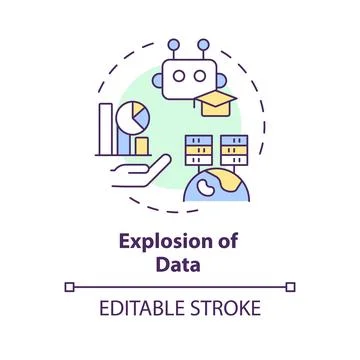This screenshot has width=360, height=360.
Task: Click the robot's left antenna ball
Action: click(174, 45)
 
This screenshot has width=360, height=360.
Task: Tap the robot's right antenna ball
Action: click(203, 45)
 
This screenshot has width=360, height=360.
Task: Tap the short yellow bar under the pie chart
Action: click(141, 147)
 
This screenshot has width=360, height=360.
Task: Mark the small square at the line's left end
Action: click(69, 288)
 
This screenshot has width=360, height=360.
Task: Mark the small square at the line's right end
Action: click(292, 288)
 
